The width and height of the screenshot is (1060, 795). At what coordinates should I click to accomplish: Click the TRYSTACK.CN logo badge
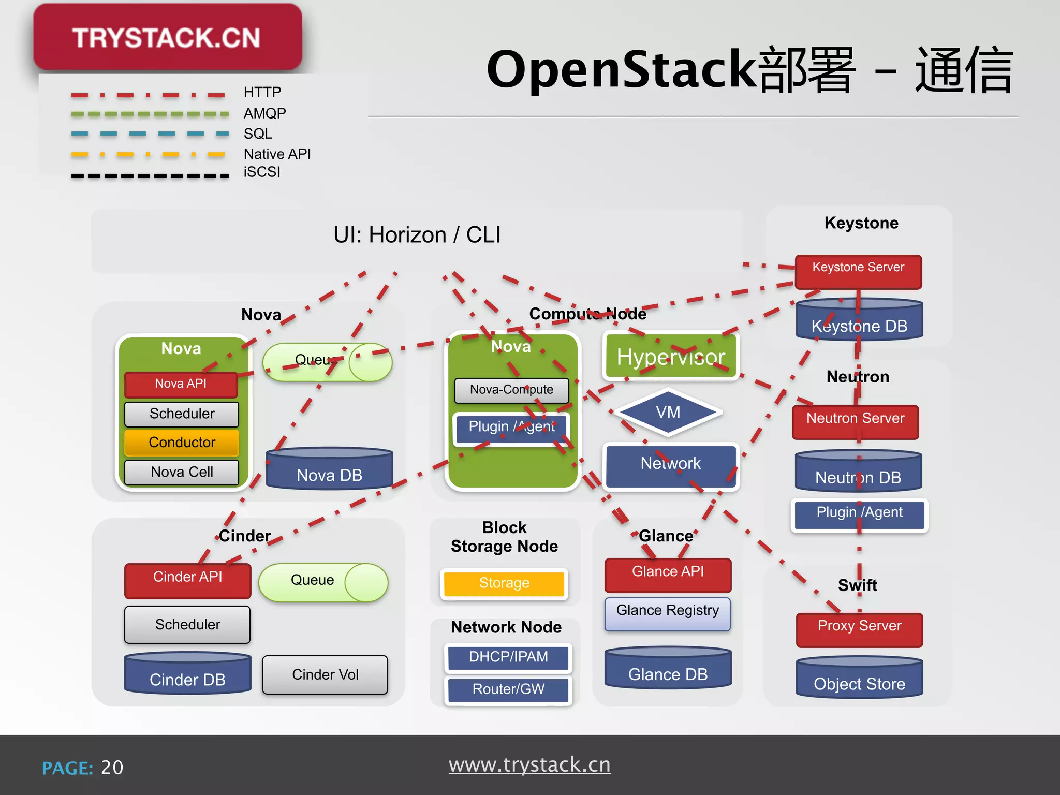pos(167,37)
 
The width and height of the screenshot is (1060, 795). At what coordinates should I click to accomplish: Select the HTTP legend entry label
pos(262,92)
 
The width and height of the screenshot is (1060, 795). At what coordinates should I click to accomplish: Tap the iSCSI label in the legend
pos(262,172)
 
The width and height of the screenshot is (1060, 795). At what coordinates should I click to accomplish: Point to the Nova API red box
pos(181,384)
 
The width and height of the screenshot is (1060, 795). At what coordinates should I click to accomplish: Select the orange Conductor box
pos(182,443)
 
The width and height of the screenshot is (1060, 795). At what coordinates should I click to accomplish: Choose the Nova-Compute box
pos(511,390)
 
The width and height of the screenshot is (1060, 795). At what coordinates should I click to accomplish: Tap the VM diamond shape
pos(668,413)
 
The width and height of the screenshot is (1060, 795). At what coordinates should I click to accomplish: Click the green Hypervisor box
pos(671,357)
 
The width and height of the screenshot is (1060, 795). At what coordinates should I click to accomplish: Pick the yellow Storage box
pos(504,583)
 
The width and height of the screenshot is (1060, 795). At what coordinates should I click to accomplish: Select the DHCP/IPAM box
pos(508,657)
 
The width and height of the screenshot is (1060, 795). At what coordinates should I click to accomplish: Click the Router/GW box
pos(508,689)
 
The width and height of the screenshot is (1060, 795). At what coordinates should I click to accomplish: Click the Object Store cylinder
pos(859,679)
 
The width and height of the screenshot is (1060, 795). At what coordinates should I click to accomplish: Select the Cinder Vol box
pos(325,674)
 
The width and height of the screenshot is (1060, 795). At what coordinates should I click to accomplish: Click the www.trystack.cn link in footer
pos(529,764)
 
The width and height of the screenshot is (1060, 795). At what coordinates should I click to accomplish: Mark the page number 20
pos(112,768)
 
